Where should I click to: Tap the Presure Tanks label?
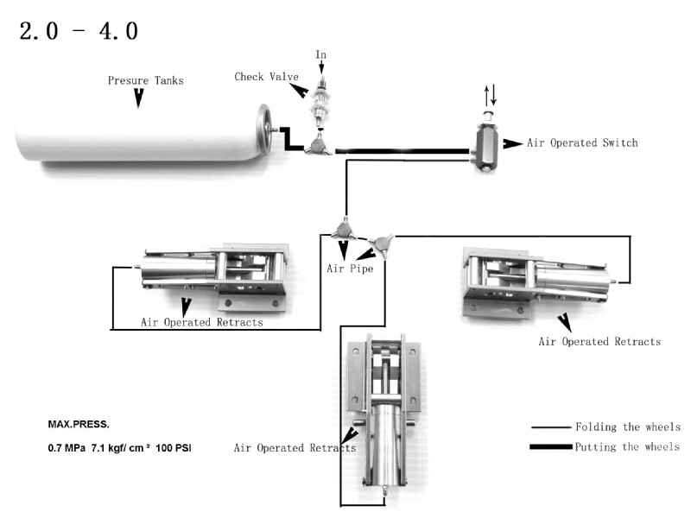[145, 80]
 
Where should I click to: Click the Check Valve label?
[262, 77]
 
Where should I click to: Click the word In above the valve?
[321, 55]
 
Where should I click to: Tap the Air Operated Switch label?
[582, 142]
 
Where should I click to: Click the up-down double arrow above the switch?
[489, 94]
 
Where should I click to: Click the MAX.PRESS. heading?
[79, 426]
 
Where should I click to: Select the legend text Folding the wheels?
[627, 427]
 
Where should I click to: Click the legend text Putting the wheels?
[627, 446]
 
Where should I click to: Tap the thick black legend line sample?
[549, 446]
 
